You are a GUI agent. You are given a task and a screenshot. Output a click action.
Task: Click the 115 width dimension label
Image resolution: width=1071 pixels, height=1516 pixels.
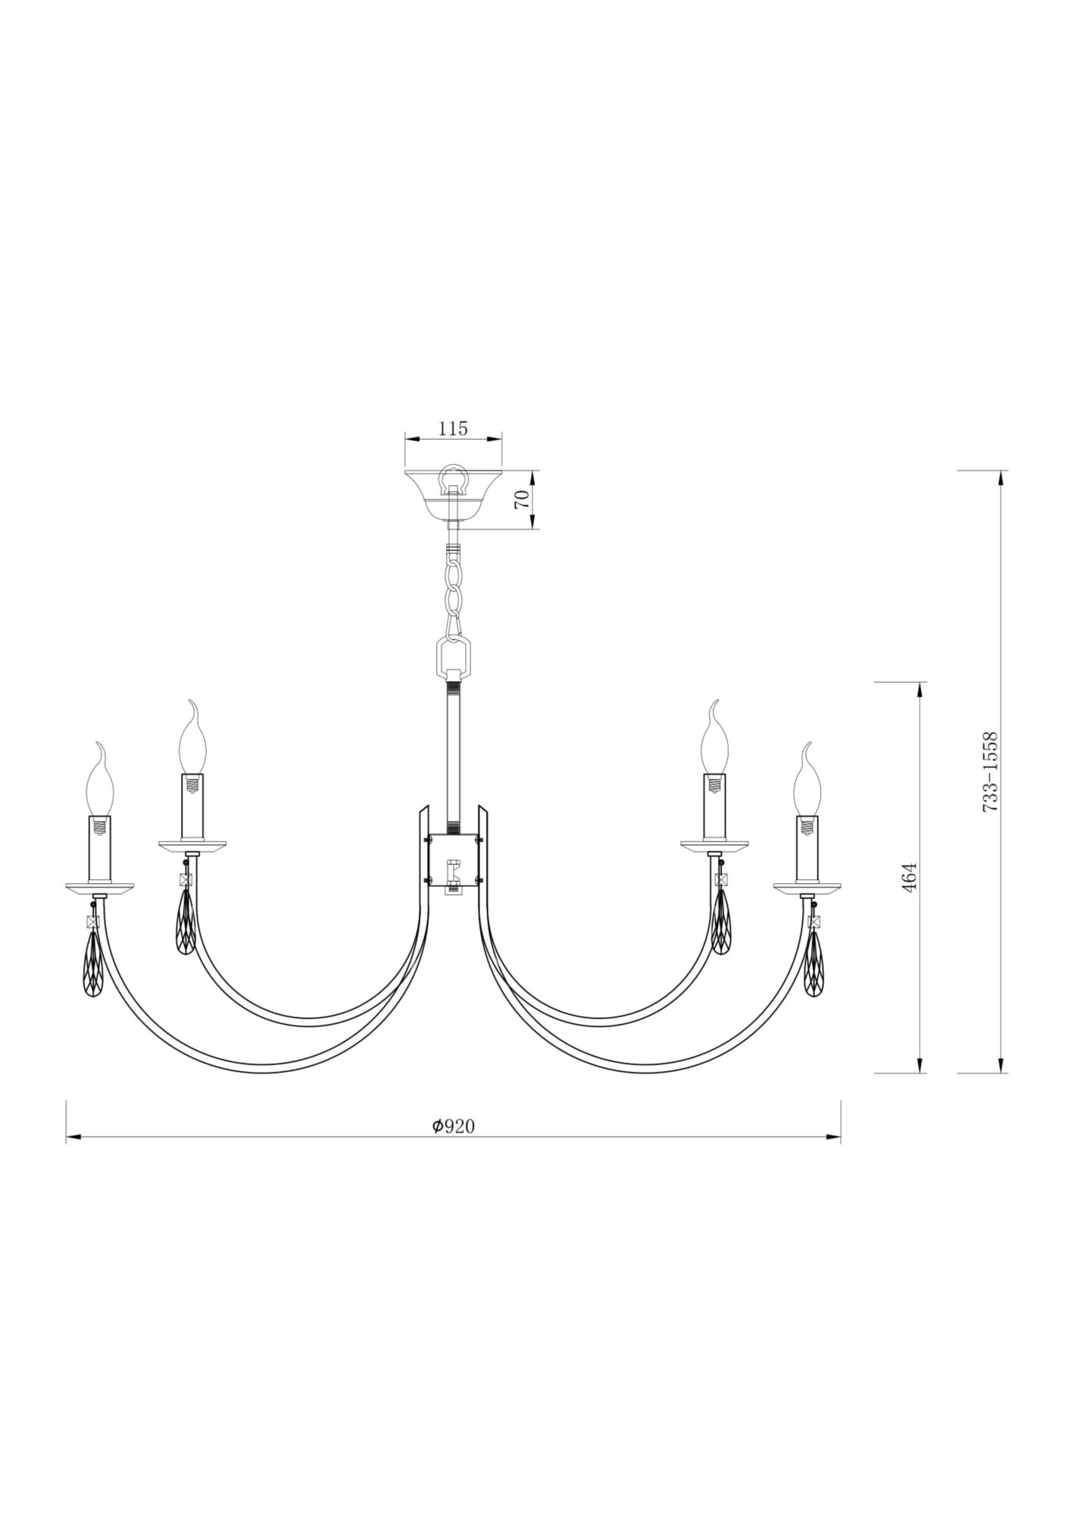[453, 428]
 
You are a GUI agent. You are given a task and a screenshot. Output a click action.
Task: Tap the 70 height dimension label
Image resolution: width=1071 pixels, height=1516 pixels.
[521, 499]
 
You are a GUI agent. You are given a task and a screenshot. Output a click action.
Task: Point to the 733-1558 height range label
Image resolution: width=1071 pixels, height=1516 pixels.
[990, 772]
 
